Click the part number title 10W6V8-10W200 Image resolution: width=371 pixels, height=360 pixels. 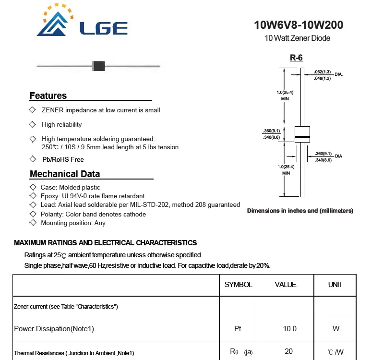click(x=299, y=25)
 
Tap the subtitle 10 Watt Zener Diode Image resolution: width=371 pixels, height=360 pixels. click(x=298, y=38)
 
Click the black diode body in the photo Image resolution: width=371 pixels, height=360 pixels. click(x=98, y=66)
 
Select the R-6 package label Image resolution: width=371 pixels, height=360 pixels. click(x=296, y=58)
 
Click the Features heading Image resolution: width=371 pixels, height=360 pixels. click(x=48, y=96)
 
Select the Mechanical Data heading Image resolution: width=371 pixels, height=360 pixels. click(x=65, y=174)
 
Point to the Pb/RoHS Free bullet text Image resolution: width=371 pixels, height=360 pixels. click(x=63, y=159)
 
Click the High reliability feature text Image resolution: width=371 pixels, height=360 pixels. click(x=62, y=125)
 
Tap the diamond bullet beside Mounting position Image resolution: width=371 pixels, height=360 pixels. click(x=33, y=223)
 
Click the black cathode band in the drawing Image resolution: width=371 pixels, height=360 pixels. click(x=302, y=137)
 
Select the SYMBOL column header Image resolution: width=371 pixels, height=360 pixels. click(x=238, y=285)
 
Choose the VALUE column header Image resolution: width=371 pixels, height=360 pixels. click(x=286, y=285)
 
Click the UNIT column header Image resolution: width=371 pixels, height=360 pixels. click(x=335, y=285)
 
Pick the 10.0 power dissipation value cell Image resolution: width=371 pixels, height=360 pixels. click(x=290, y=329)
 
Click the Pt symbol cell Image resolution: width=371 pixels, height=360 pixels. click(x=238, y=329)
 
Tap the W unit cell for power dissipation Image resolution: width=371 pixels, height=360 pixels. click(x=335, y=329)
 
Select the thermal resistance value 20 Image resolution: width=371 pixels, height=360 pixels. click(x=288, y=351)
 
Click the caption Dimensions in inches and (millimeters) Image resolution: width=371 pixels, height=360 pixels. click(x=300, y=211)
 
